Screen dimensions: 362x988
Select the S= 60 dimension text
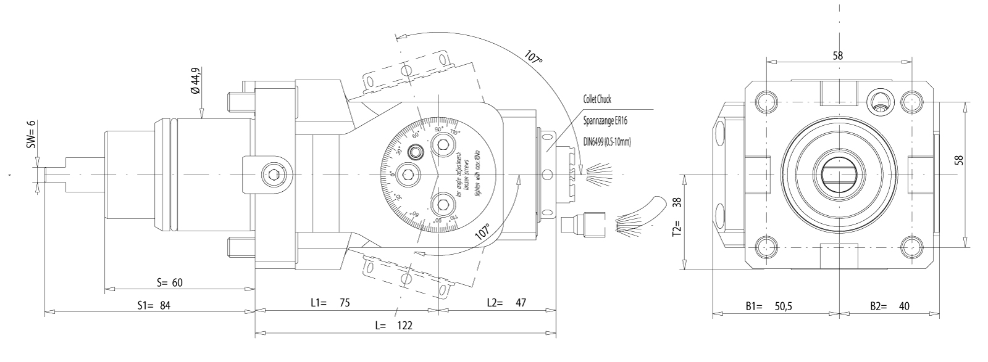[169, 283]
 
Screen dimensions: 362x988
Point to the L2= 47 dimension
[506, 303]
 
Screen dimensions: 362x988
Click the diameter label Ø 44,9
[196, 81]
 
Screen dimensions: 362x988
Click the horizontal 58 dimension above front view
[838, 56]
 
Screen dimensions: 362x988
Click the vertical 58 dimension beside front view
[976, 160]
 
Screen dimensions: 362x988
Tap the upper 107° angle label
[534, 57]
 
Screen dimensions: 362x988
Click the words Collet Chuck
[597, 99]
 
